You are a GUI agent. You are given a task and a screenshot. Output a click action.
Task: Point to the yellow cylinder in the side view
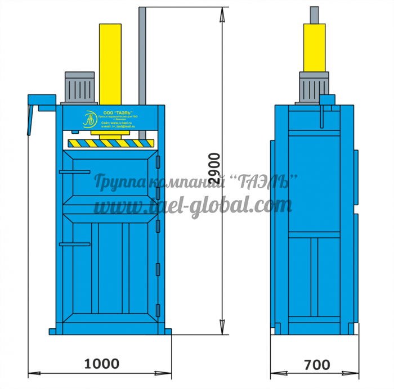pos(314,48)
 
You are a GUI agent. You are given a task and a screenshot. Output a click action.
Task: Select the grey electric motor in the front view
pos(80,87)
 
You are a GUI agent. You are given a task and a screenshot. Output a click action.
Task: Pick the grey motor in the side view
pos(313,87)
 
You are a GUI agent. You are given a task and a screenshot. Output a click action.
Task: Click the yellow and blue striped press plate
pos(110,143)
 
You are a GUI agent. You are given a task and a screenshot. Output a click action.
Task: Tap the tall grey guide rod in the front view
pos(143,67)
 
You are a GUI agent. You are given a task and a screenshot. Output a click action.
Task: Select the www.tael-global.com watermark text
pos(191,206)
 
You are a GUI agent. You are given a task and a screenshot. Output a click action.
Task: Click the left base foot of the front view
pos(52,330)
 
